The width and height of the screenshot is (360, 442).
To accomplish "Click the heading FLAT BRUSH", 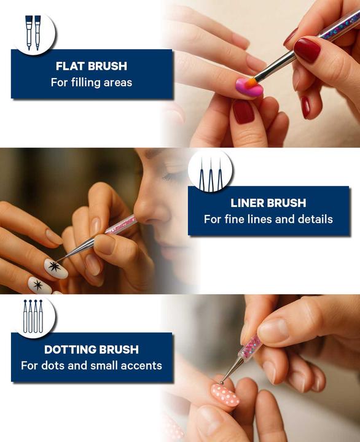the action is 92,66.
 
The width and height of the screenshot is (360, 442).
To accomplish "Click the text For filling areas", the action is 92,83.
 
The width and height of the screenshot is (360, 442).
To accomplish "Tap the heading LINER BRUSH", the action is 268,203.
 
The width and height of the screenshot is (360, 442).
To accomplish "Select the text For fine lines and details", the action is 268,219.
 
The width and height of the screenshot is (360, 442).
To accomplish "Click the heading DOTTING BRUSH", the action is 92,349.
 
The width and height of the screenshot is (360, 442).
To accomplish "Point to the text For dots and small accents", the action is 92,366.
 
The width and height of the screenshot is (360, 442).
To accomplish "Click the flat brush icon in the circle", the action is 33,33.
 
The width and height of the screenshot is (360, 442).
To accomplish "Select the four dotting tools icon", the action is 33,316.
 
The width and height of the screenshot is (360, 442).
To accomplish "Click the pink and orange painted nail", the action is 249,87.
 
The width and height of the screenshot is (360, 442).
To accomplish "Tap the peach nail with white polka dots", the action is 225,395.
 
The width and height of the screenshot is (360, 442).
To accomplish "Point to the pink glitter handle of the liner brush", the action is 121,225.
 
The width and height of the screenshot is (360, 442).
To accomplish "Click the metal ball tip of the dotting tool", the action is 222,382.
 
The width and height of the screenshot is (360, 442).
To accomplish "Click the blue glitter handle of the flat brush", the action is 338,24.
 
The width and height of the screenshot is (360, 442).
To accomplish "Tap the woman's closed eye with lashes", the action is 172,176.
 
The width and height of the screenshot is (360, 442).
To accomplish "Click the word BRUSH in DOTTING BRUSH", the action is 119,349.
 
